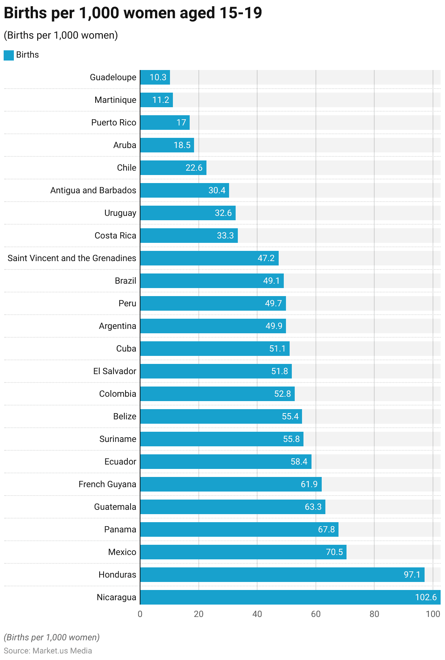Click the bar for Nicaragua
click(x=290, y=597)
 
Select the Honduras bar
click(x=282, y=574)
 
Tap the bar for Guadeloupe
click(x=155, y=77)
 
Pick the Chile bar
click(x=173, y=168)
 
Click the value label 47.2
click(x=266, y=258)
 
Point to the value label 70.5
click(x=334, y=552)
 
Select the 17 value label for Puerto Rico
click(x=181, y=123)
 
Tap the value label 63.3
click(x=313, y=507)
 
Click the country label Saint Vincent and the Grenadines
click(x=72, y=258)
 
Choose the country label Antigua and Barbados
click(x=93, y=190)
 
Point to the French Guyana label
click(x=107, y=484)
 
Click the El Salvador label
click(x=115, y=371)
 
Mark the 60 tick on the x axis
click(x=316, y=614)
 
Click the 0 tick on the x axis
click(x=140, y=614)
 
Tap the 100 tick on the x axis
click(x=433, y=614)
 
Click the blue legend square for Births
click(x=9, y=55)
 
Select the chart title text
click(x=133, y=13)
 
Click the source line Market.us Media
click(x=48, y=651)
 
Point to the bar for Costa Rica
click(x=189, y=236)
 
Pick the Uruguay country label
click(x=120, y=213)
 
